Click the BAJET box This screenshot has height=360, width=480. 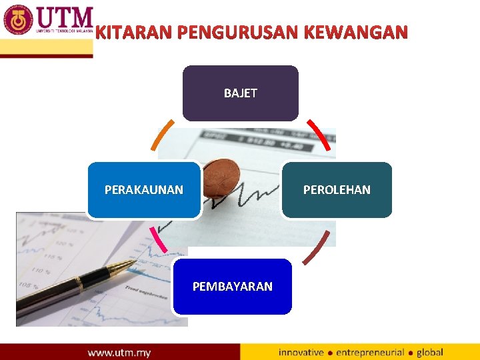tap(240, 93)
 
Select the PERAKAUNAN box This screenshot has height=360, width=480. tap(144, 190)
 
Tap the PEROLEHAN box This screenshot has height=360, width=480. tap(337, 190)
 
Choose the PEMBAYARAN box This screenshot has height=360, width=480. tap(232, 287)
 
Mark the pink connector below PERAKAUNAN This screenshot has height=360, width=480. tap(158, 239)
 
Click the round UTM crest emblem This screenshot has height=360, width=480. tap(18, 19)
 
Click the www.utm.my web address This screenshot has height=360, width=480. tap(119, 352)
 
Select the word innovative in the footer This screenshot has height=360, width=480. tap(301, 352)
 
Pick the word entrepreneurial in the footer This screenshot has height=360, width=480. tap(370, 352)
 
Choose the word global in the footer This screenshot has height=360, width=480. tap(429, 352)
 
